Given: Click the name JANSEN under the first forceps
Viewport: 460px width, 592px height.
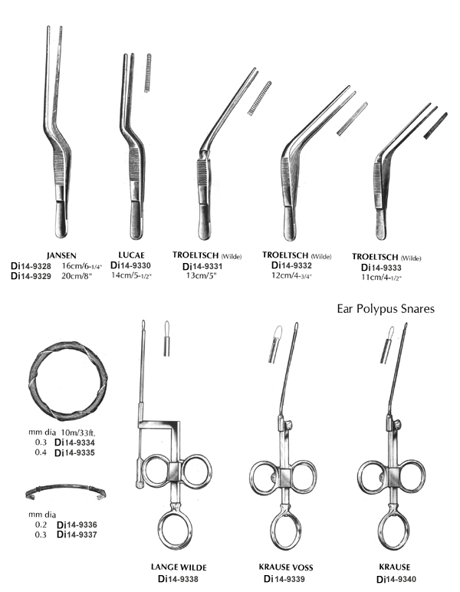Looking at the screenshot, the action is tap(61, 255).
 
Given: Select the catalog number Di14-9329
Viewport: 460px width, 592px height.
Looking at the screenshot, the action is tap(31, 276).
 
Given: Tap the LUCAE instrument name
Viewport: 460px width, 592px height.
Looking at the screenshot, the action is tap(131, 255).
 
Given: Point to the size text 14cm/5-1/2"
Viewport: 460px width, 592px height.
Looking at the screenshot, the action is tap(131, 275).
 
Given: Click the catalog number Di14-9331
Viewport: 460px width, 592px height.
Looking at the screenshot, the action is tap(202, 267).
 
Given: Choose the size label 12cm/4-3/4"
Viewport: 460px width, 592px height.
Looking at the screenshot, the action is tap(291, 275).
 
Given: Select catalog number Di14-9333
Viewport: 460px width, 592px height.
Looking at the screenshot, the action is tap(381, 268).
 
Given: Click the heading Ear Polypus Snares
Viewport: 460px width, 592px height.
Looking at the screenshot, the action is tap(386, 309).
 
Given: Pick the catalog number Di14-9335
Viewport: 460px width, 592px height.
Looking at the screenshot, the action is tap(74, 452).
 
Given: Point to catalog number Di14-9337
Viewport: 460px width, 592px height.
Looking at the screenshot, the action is tap(77, 534).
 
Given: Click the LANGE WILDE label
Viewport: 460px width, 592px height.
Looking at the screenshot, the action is tap(179, 567).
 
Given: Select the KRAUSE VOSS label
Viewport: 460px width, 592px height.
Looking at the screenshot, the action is tap(286, 567).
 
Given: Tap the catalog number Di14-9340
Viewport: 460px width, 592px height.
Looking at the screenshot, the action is tap(396, 579).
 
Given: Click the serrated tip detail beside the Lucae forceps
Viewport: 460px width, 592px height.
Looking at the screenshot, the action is tap(148, 73).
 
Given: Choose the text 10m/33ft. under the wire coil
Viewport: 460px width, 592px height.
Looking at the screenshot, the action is tap(78, 432).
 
